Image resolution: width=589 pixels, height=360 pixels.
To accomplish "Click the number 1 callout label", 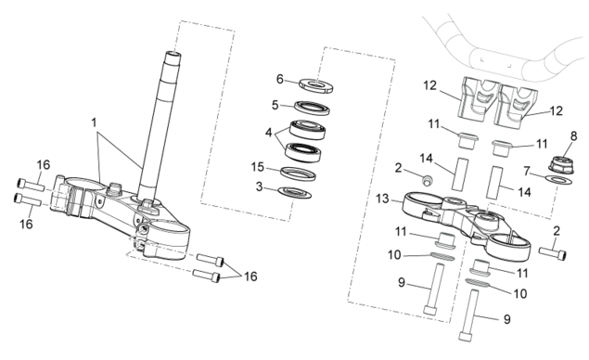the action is [x=94, y=122].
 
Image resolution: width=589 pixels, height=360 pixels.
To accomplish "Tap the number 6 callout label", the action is [x=280, y=79].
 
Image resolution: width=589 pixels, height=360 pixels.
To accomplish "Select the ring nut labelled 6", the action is [x=316, y=86].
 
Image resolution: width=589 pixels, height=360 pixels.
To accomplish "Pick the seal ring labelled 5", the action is [x=312, y=108].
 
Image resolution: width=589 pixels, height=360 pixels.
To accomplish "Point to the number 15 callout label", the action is [x=258, y=167].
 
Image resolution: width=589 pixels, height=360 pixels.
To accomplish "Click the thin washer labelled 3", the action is [x=295, y=192].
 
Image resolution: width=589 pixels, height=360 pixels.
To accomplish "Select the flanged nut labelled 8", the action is [x=561, y=165].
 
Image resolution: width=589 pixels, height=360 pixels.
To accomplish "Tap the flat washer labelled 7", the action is [x=558, y=179].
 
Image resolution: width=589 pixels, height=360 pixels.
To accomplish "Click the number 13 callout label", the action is [x=382, y=199].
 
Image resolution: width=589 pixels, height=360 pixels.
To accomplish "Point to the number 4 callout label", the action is [x=268, y=133].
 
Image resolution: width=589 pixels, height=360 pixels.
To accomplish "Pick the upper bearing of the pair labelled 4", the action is [x=307, y=129].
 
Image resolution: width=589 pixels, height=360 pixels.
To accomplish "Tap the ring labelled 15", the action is [x=299, y=174].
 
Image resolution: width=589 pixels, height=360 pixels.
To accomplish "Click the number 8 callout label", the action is [x=573, y=136].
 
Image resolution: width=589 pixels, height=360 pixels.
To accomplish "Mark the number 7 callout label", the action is [x=527, y=172].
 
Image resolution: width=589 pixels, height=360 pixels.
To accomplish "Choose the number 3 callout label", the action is [x=259, y=186].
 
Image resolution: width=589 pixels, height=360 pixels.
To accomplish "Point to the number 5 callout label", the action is [x=275, y=105].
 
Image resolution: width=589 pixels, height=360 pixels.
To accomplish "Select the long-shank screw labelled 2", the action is [x=553, y=253].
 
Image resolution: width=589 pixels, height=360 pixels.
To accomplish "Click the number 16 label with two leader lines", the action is [x=250, y=276].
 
